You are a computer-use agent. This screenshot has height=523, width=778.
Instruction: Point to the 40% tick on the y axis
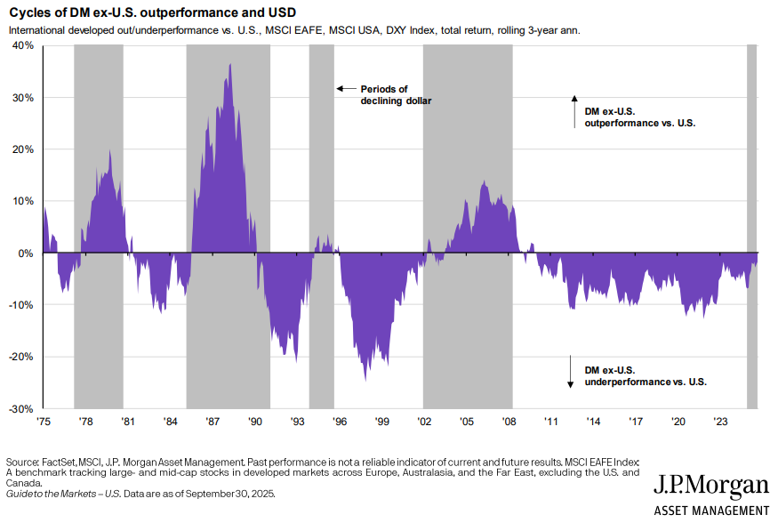coord(23,45)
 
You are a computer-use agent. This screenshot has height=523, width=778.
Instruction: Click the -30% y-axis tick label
coord(21,409)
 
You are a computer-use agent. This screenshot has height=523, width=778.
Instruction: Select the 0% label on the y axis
coord(26,253)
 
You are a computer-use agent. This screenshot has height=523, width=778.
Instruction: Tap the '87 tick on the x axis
coord(213,422)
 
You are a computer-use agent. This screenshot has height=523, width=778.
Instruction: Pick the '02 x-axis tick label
coord(424,422)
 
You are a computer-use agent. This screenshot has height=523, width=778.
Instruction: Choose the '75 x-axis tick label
coord(44,422)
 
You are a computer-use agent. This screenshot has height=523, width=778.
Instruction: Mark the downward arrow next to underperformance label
coord(570,372)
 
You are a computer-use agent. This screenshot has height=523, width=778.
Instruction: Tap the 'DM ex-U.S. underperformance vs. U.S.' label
coord(645,375)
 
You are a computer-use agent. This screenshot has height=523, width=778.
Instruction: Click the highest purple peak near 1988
coord(230,65)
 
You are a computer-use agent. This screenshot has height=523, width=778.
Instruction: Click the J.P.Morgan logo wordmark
coord(711,485)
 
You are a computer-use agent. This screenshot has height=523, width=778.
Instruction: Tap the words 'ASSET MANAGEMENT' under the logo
coord(711,510)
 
